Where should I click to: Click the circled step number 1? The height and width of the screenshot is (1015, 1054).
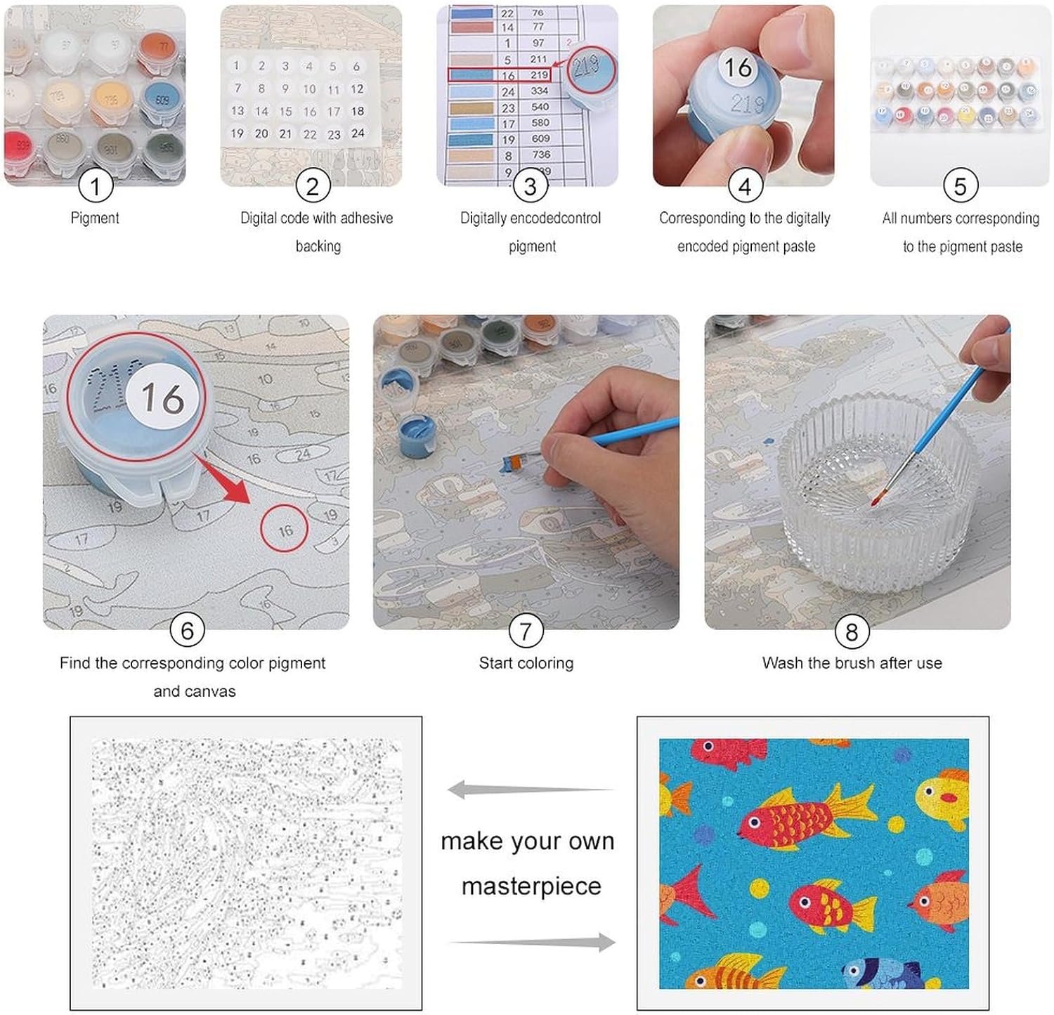pos(95,186)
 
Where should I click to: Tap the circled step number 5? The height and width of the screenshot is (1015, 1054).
pos(960,186)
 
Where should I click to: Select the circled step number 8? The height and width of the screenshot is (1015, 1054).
pos(852,632)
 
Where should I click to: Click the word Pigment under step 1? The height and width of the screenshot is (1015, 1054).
pos(95,218)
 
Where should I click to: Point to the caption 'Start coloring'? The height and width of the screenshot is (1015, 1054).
pos(526,663)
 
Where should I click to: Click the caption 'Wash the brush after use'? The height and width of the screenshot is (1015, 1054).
pos(852,663)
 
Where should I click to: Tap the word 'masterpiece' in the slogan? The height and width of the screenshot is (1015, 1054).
pos(531,886)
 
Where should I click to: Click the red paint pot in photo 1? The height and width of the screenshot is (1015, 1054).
pos(21,147)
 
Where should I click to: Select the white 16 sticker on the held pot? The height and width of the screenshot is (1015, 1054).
pos(738,67)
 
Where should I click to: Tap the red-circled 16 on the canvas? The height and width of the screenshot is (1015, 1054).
pos(285,530)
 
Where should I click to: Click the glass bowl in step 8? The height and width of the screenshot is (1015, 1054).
pos(878,485)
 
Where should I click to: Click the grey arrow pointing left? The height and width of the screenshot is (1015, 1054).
pos(531,790)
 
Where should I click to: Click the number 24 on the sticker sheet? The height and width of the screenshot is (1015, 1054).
pos(358,133)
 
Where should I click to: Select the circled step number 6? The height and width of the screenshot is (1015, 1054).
pos(187,630)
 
